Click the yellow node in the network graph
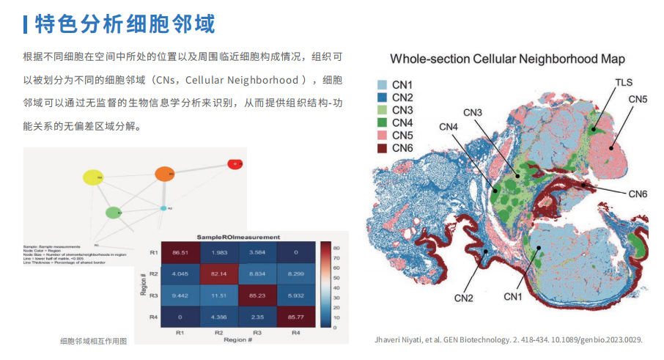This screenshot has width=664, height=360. [x=93, y=177]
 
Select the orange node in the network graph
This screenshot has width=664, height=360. [x=164, y=175]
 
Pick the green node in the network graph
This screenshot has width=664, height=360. [x=112, y=213]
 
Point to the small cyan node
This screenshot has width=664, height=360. [x=163, y=209]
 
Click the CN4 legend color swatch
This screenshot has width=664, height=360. [x=382, y=122]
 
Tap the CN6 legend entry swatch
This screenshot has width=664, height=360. [x=382, y=148]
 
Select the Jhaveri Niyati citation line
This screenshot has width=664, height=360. [x=508, y=339]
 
